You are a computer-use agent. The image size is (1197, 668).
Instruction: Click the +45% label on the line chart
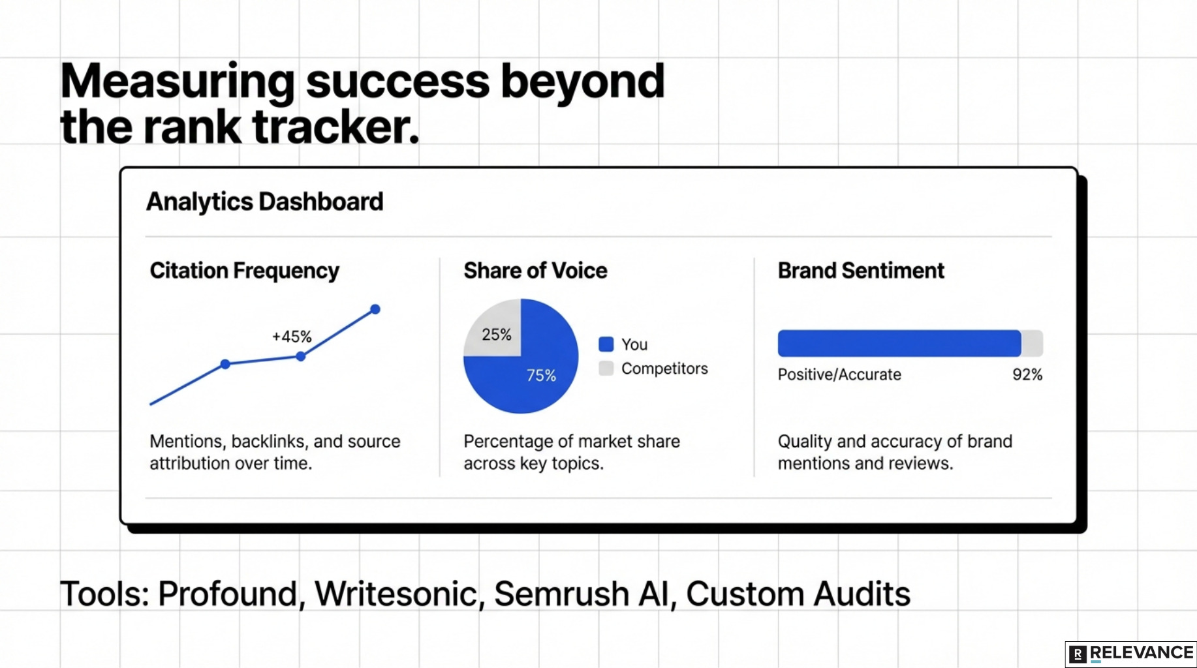[x=292, y=337]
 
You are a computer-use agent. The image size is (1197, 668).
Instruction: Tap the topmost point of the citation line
[x=375, y=309]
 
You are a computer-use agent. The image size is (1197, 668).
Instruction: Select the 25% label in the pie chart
[x=496, y=335]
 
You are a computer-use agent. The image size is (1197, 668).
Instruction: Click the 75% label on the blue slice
[x=541, y=376]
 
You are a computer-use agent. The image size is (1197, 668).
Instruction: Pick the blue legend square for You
[x=606, y=344]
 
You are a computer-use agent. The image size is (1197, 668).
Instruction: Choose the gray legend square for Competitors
[x=606, y=368]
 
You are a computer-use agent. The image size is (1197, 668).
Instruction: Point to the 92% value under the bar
[x=1027, y=374]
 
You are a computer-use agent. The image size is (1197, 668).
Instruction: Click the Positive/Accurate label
[x=839, y=374]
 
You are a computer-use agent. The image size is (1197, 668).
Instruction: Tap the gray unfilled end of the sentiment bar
[x=1032, y=343]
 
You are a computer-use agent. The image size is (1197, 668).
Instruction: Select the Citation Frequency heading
[x=244, y=271]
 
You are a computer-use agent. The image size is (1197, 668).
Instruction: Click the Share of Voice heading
[x=535, y=271]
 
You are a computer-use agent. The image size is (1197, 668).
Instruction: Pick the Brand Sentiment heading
[x=860, y=271]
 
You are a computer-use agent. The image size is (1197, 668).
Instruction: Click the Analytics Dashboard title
[x=264, y=202]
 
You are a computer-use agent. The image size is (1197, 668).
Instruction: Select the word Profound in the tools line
[x=227, y=594]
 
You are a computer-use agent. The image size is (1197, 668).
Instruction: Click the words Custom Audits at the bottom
[x=798, y=594]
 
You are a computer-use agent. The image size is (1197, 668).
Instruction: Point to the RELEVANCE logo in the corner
[x=1130, y=654]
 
